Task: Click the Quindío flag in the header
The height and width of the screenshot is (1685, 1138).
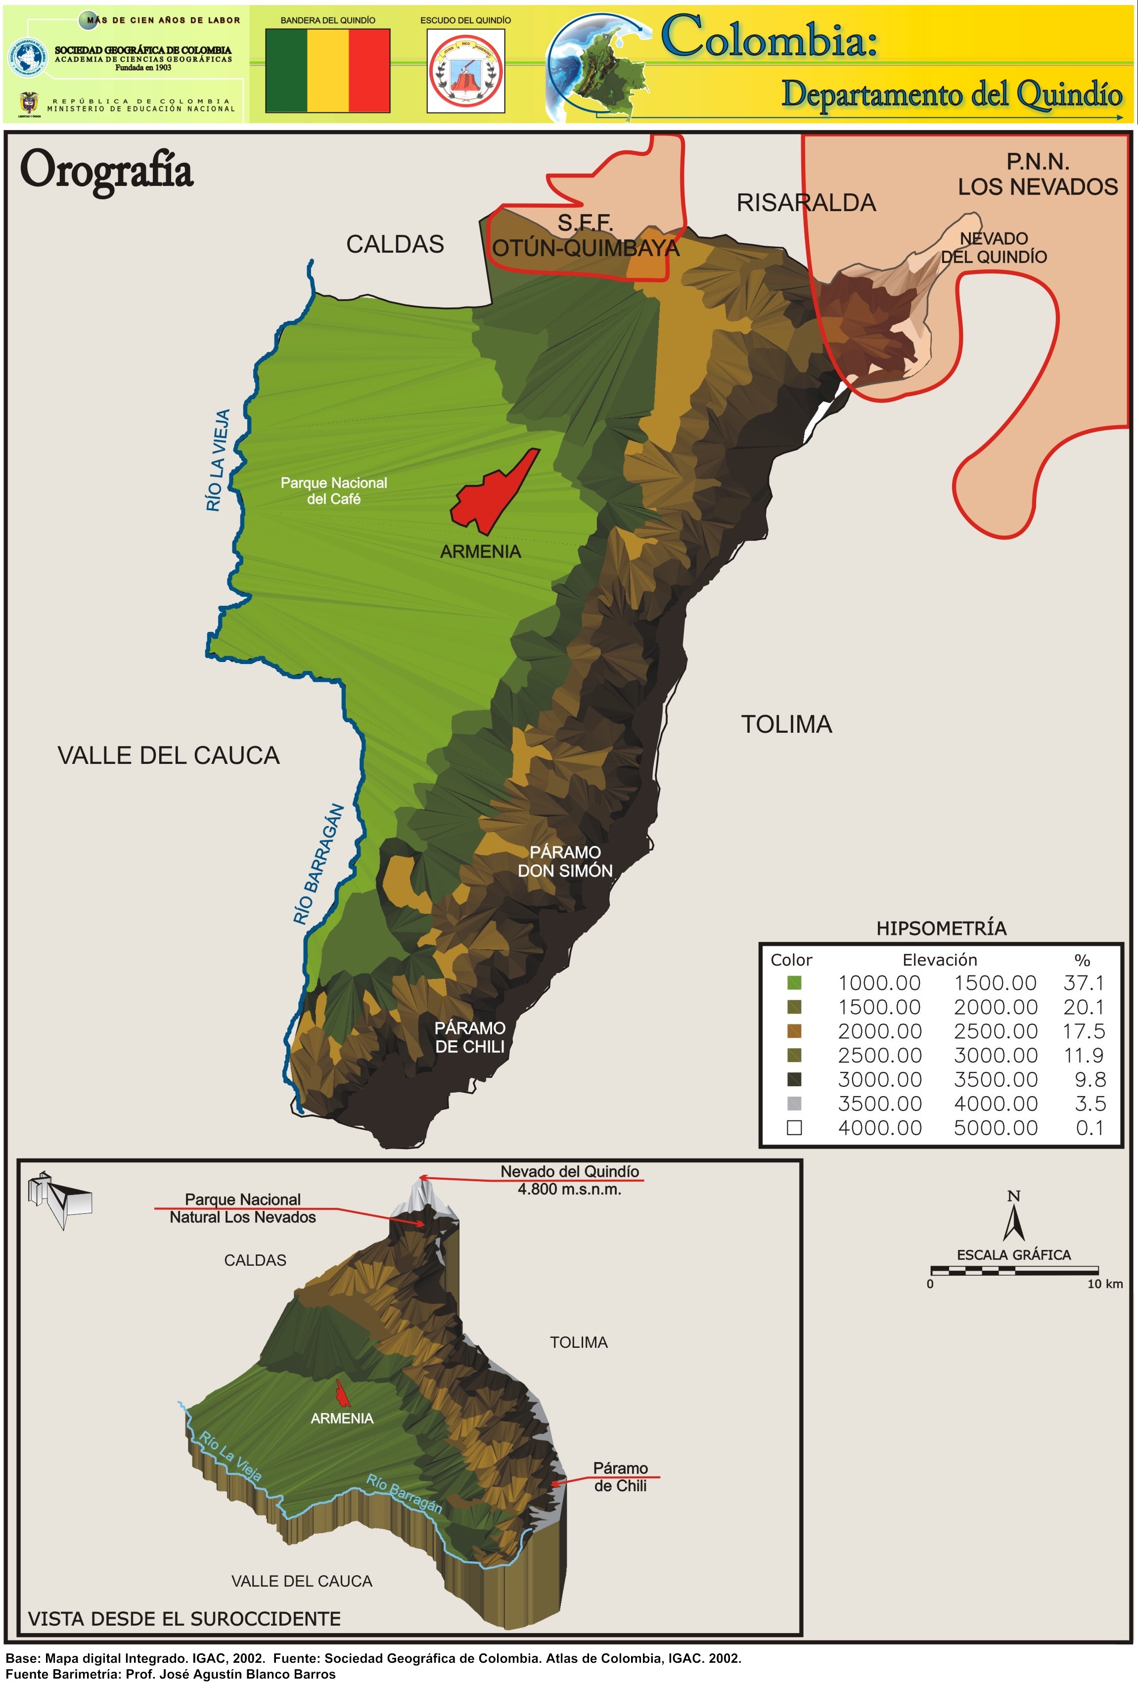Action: pyautogui.click(x=328, y=70)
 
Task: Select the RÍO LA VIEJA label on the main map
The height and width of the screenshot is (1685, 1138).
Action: pyautogui.click(x=218, y=460)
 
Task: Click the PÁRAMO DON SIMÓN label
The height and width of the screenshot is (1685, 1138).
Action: pyautogui.click(x=565, y=861)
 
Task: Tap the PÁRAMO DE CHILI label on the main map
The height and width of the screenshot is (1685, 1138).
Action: pyautogui.click(x=470, y=1037)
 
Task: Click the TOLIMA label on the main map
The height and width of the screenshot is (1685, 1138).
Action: pyautogui.click(x=786, y=724)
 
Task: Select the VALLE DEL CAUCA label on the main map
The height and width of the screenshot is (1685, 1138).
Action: pyautogui.click(x=168, y=755)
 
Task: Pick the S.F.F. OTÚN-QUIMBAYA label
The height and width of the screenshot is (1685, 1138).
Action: pyautogui.click(x=585, y=236)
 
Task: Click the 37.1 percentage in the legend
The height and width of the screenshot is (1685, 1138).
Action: pyautogui.click(x=1084, y=983)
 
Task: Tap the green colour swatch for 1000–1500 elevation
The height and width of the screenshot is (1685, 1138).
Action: pyautogui.click(x=794, y=983)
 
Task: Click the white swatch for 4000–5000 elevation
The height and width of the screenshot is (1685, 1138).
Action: pyautogui.click(x=794, y=1128)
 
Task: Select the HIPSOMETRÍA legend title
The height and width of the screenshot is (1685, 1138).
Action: pyautogui.click(x=941, y=928)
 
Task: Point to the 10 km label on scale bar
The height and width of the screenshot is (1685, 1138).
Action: pyautogui.click(x=1104, y=1284)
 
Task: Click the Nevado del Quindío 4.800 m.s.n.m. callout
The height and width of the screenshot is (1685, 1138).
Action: pyautogui.click(x=569, y=1180)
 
